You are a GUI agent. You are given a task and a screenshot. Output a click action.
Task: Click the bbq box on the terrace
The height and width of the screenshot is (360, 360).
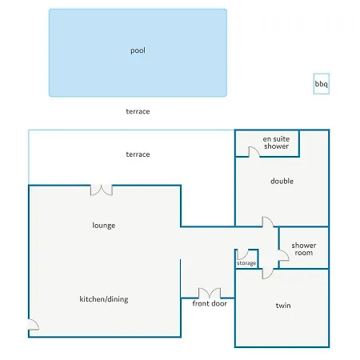tap(322, 84)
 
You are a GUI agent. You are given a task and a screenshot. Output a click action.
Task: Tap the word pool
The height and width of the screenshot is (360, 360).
tap(138, 50)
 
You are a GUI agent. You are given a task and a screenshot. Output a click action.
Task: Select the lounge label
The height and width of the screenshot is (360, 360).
tap(104, 226)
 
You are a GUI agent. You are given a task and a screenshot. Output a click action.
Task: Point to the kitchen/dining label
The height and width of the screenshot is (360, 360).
tap(104, 299)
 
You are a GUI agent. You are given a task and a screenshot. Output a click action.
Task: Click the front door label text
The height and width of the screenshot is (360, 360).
tap(210, 303)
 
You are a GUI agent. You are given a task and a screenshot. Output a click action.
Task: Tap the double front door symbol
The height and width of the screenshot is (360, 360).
tap(210, 293)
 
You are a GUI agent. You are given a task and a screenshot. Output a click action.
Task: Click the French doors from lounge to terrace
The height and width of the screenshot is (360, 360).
tap(102, 190)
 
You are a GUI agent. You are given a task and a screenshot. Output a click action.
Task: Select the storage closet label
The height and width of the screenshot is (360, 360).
tap(246, 263)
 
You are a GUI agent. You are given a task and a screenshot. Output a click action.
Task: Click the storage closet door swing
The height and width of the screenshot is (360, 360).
tap(242, 254)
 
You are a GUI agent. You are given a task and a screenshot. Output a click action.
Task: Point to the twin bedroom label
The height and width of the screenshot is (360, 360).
tap(283, 306)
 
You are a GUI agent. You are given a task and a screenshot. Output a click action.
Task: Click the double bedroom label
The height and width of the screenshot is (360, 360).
tap(282, 181)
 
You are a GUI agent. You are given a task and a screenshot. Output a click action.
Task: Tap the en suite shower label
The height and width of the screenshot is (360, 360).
tap(276, 142)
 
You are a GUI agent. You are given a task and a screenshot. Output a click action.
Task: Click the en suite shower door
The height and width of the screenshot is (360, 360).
tap(254, 151)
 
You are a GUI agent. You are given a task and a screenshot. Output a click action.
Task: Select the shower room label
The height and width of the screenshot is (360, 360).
tap(304, 249)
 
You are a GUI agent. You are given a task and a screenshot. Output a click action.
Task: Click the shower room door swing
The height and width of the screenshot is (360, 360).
tap(283, 255)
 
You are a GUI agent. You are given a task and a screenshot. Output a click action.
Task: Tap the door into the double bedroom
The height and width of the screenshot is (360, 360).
tap(268, 222)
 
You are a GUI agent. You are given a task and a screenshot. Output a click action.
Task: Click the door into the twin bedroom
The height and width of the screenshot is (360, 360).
tap(268, 274)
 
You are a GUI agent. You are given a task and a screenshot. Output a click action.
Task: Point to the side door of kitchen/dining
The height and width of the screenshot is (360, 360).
tap(34, 325)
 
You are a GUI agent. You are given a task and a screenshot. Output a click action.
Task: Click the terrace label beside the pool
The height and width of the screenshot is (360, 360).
tap(138, 111)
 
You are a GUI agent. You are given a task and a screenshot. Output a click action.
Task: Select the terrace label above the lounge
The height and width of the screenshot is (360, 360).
tap(138, 154)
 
